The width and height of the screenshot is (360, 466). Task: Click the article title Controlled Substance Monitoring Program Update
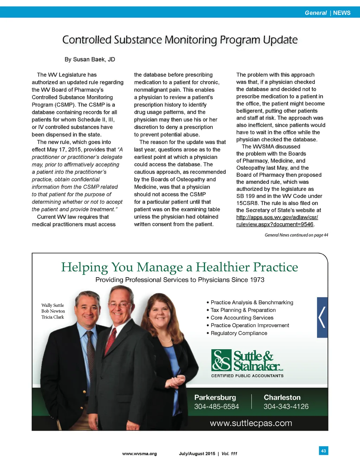tap(180, 40)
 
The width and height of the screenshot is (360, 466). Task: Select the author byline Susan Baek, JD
tap(90, 59)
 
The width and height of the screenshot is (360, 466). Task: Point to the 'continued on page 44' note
tap(296, 235)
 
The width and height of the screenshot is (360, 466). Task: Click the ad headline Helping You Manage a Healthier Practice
tap(179, 267)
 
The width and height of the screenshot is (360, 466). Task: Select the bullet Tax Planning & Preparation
tap(243, 310)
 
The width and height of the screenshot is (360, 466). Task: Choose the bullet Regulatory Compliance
tap(239, 333)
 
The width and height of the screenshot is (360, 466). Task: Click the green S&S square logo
tap(221, 360)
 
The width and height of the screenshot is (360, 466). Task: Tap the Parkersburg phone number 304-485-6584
tap(216, 407)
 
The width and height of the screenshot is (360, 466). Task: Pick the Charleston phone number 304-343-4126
tap(286, 407)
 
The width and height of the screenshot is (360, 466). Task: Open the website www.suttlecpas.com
tap(251, 423)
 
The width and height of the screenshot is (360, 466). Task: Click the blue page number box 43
tap(323, 451)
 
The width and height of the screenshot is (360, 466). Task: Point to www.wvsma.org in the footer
tap(139, 454)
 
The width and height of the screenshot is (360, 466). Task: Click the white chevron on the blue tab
tap(322, 317)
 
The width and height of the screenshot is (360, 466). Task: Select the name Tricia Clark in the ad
tap(53, 317)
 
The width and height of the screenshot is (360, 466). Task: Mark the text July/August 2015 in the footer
tap(197, 454)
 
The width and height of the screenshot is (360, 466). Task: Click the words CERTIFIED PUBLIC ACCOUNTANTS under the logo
tap(247, 376)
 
